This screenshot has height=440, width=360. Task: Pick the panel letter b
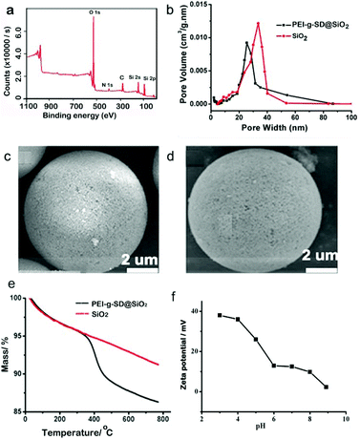tap(195, 10)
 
